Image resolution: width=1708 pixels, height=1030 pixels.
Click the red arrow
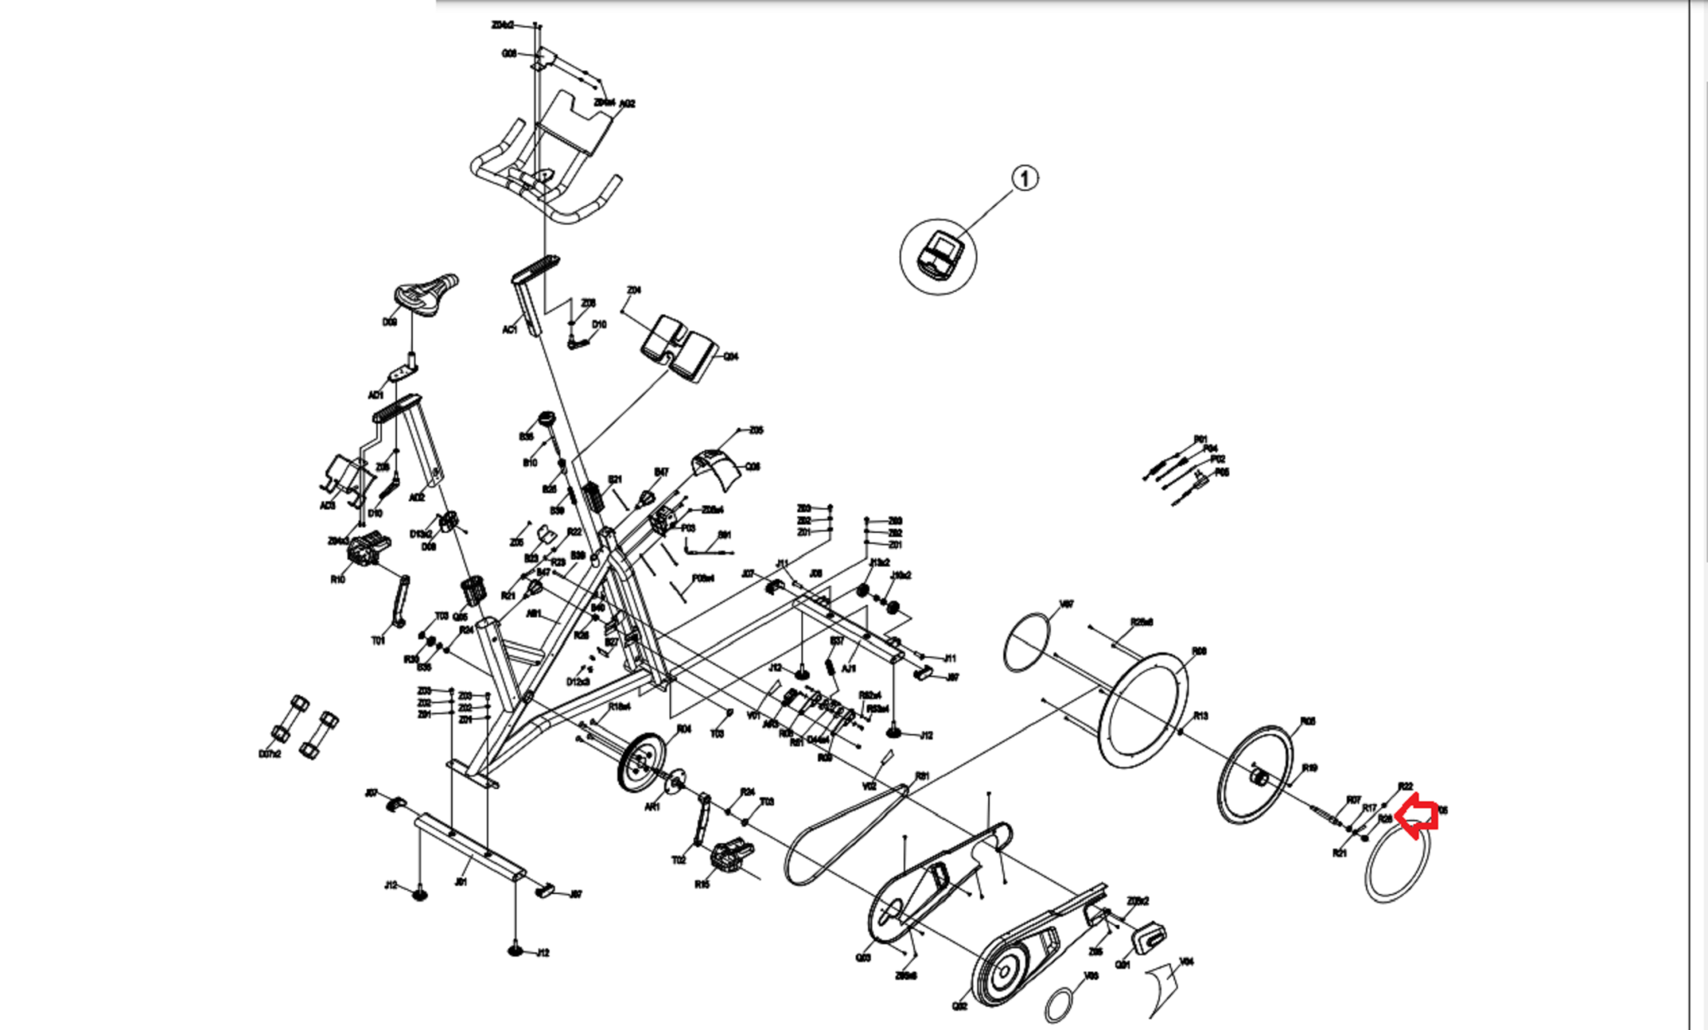click(1417, 816)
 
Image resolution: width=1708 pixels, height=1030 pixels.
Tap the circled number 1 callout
click(1025, 178)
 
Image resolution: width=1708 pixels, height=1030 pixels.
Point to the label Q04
click(731, 356)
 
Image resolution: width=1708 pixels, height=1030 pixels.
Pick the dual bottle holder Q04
click(680, 346)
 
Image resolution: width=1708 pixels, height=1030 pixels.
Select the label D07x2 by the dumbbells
click(269, 754)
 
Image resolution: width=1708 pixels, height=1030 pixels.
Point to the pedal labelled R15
click(731, 856)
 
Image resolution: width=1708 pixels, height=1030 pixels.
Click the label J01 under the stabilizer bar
click(460, 882)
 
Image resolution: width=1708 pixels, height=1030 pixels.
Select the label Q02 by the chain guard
click(960, 1006)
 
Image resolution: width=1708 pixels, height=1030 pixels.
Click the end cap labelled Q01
click(1148, 937)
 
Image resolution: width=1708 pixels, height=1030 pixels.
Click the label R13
click(1200, 716)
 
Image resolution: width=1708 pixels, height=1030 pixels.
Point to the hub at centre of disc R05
click(1258, 778)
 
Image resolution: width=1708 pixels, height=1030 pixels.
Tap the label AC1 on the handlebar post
click(510, 329)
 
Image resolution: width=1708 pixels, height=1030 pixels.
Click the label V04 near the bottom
click(1186, 962)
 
